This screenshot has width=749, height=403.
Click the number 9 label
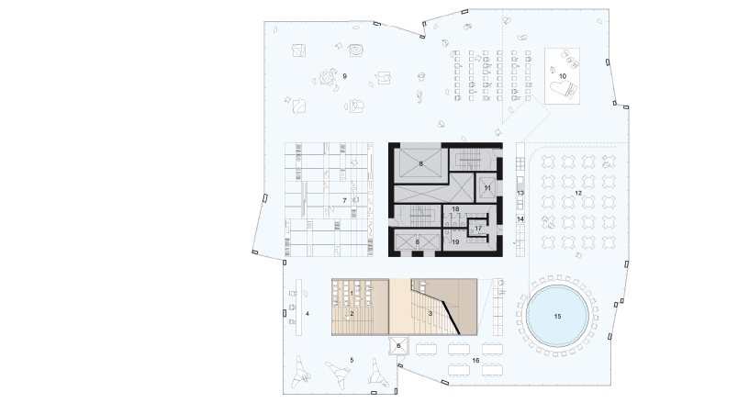click(x=344, y=76)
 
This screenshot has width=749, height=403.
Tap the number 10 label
click(x=563, y=76)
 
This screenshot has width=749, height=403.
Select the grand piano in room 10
click(x=565, y=89)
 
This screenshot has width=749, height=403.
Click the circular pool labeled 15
click(x=557, y=316)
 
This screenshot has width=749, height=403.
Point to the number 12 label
click(x=578, y=194)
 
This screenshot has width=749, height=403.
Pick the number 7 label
click(x=344, y=201)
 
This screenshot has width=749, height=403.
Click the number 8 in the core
click(x=420, y=163)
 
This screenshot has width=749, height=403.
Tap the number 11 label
click(x=487, y=188)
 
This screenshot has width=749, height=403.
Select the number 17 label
click(x=478, y=229)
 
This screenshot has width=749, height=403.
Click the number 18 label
click(x=455, y=209)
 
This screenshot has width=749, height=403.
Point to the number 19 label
click(x=455, y=242)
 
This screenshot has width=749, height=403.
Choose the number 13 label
click(x=520, y=194)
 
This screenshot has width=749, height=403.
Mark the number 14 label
click(x=520, y=219)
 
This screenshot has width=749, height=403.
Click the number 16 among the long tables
click(x=475, y=361)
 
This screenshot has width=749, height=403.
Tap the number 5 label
click(x=352, y=360)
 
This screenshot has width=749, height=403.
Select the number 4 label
click(x=307, y=314)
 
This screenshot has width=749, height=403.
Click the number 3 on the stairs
click(x=430, y=314)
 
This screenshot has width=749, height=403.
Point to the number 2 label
click(x=352, y=314)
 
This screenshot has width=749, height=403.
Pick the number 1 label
click(x=352, y=293)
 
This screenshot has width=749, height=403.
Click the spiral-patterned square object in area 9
click(x=356, y=50)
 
